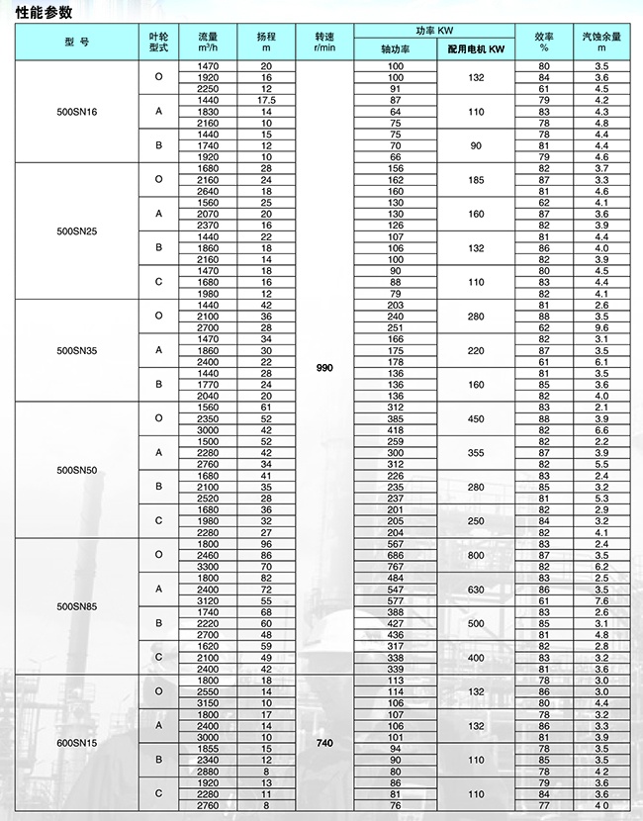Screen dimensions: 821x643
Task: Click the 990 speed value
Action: (x=324, y=367)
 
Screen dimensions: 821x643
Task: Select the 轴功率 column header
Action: (x=395, y=48)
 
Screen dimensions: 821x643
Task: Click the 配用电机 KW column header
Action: (x=476, y=48)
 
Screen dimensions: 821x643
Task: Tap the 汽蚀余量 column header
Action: (x=601, y=42)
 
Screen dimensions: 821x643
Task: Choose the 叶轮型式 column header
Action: (x=158, y=42)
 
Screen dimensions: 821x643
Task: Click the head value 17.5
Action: (x=265, y=100)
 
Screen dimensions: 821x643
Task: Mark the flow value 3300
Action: (x=208, y=566)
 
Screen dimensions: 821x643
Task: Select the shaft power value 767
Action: (x=395, y=566)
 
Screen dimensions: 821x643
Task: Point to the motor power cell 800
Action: (x=476, y=555)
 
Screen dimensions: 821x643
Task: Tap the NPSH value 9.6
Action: (x=601, y=327)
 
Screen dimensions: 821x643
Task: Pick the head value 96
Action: (x=265, y=544)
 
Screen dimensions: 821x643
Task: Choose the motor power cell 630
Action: (x=476, y=589)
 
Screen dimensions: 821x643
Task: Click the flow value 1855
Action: (x=208, y=749)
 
